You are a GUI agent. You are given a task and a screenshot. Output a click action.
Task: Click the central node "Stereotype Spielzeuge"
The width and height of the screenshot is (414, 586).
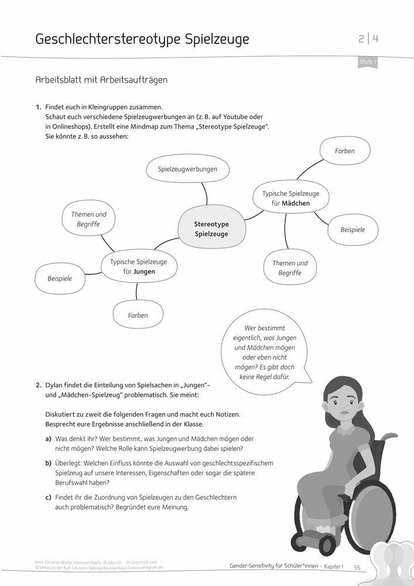[211, 229]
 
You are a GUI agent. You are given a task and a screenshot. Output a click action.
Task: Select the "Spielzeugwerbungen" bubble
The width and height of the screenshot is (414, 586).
[187, 169]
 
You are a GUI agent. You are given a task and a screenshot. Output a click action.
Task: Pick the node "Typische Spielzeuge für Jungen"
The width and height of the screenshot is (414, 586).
[139, 267]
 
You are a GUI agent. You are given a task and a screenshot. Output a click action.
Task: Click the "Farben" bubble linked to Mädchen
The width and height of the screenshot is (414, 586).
[344, 151]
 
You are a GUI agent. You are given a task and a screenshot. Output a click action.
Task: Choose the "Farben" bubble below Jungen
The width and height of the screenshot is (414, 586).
[138, 315]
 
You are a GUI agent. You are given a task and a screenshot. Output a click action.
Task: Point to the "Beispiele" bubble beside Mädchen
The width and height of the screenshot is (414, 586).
[353, 230]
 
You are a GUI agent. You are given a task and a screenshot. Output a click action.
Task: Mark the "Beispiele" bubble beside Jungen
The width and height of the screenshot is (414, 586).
[60, 278]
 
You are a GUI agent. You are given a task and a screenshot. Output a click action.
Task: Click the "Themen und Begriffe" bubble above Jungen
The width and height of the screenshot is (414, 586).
[88, 219]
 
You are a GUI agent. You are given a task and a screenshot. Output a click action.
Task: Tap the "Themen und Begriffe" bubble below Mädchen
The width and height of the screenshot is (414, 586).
[289, 268]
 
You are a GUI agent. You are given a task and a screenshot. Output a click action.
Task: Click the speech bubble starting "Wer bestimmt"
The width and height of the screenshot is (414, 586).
[265, 352]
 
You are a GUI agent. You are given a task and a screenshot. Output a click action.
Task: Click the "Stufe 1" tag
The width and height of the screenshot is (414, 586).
[367, 61]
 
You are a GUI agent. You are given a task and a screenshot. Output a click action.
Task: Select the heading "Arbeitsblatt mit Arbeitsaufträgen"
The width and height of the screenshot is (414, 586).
[101, 80]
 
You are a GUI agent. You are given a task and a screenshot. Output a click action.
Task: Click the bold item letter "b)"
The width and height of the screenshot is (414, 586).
[48, 463]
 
